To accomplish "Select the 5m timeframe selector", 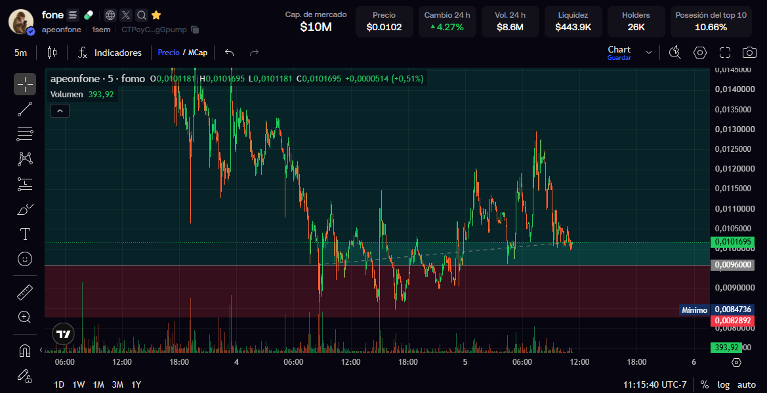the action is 20,53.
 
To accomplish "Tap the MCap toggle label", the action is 197,53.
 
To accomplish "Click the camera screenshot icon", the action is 749,53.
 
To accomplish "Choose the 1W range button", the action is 79,384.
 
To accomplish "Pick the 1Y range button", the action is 136,384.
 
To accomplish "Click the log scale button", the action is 724,384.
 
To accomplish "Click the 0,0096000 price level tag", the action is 734,265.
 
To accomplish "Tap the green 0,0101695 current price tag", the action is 734,242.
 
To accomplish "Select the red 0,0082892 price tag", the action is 734,321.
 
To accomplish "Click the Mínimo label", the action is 695,310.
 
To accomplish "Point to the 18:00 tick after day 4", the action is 408,362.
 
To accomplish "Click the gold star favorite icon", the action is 156,15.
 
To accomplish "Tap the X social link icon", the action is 126,15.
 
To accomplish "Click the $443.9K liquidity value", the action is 573,28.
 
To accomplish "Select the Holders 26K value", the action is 636,28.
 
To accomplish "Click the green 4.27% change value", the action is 447,28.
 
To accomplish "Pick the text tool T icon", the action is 25,234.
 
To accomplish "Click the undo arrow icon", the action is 230,53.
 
